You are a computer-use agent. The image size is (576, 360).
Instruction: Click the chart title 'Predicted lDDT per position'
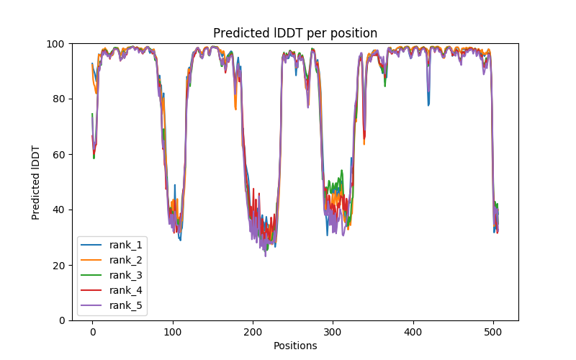[295, 33]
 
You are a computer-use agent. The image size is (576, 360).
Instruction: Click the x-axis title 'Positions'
[295, 346]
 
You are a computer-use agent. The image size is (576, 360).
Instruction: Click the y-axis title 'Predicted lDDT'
[37, 181]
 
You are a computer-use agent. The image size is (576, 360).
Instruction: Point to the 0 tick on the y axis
[62, 320]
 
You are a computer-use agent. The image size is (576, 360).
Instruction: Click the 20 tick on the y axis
[59, 265]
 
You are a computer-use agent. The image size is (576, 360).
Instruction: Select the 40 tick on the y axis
[59, 210]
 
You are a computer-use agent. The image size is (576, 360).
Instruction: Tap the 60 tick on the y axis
[59, 154]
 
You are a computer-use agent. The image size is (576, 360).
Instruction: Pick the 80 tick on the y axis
[59, 99]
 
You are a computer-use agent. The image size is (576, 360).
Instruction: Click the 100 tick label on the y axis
[56, 44]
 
